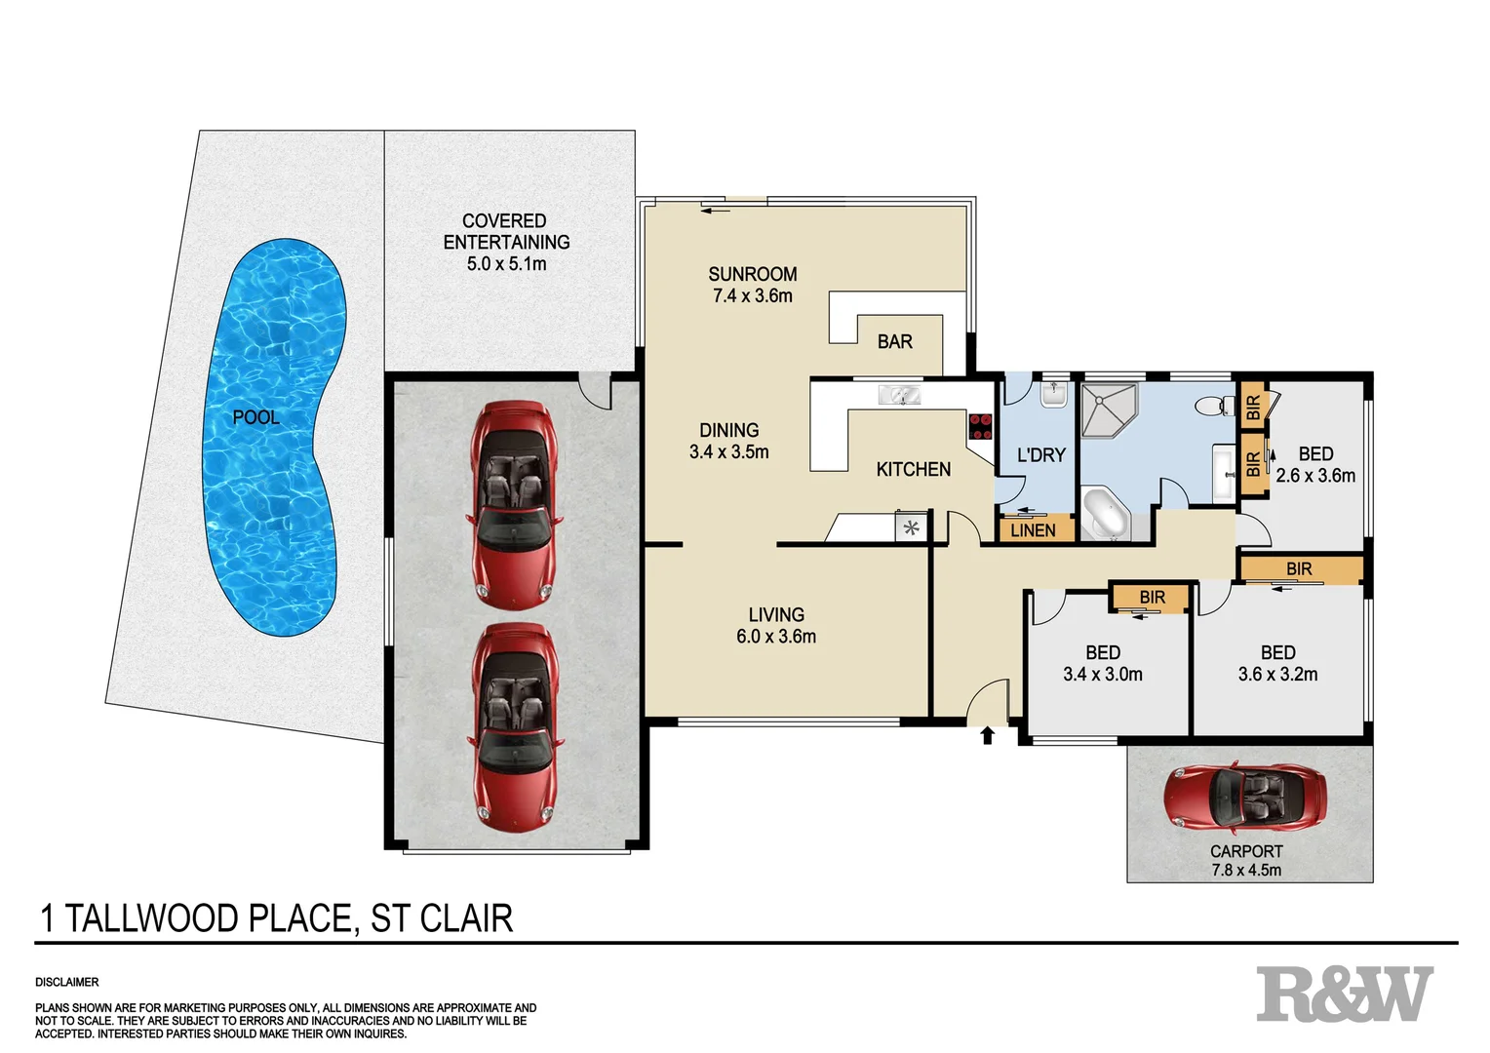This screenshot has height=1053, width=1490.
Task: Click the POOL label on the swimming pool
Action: (x=255, y=417)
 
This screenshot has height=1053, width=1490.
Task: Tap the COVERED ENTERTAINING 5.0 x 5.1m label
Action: (x=505, y=242)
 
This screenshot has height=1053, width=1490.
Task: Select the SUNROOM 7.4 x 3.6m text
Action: (x=752, y=285)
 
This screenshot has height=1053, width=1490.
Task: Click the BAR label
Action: (x=894, y=342)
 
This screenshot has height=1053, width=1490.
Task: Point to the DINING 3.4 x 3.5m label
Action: (x=728, y=441)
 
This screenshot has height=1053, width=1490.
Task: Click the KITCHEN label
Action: (x=913, y=470)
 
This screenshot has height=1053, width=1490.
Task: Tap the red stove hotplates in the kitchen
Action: (x=980, y=426)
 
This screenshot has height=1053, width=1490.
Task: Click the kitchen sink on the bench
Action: (x=899, y=395)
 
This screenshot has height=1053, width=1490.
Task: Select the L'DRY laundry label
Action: (x=1040, y=455)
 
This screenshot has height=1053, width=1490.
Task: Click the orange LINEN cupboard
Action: (x=1034, y=529)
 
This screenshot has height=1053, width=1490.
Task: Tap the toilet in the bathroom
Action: (x=1212, y=406)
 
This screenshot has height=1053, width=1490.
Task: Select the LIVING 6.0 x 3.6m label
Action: (x=776, y=626)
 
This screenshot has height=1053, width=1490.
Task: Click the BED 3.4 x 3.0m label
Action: (x=1102, y=663)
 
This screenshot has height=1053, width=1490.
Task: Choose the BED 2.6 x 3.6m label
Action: (x=1314, y=465)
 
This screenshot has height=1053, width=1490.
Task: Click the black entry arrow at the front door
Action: (x=987, y=735)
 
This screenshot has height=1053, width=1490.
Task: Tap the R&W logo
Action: (x=1344, y=994)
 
